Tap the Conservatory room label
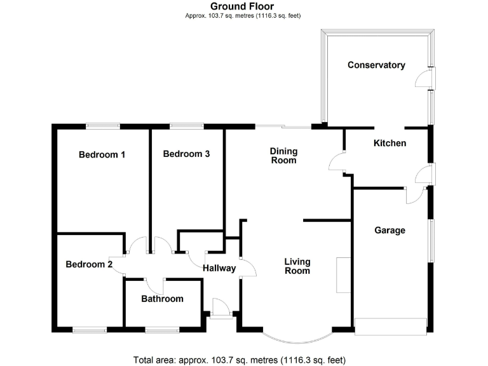376,65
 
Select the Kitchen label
390,144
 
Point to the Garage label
390,231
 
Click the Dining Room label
283,156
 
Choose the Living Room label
297,266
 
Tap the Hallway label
219,268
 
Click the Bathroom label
162,299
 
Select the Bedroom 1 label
102,154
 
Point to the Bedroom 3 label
186,154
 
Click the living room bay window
297,337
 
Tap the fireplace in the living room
343,274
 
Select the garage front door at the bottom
390,326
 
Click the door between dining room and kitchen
336,163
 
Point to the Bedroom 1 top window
103,126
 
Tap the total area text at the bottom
240,360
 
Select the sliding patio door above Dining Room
283,126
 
